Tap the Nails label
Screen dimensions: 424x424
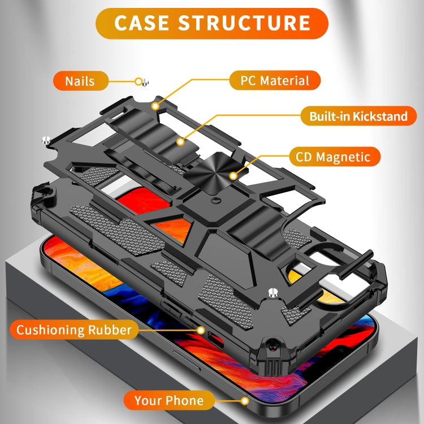[80, 81]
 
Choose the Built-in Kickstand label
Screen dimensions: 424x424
[358, 117]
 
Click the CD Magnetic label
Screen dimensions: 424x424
[333, 157]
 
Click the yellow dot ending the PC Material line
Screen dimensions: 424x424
[154, 105]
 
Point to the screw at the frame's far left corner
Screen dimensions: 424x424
[45, 139]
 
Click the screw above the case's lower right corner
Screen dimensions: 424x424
[273, 292]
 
